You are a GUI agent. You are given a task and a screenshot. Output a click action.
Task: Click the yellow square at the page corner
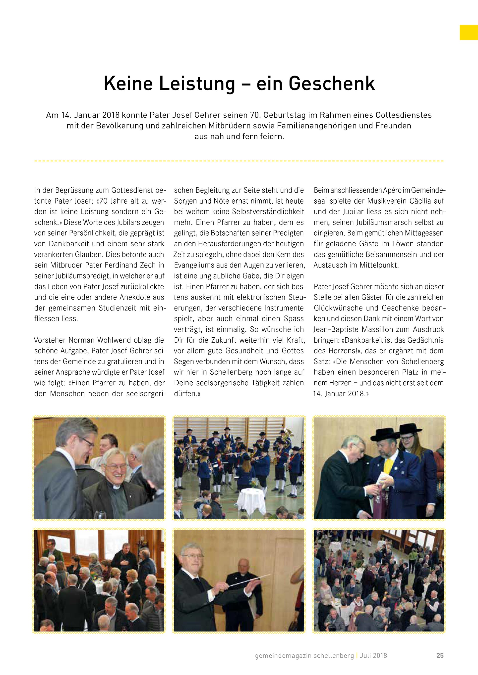point(469,32)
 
